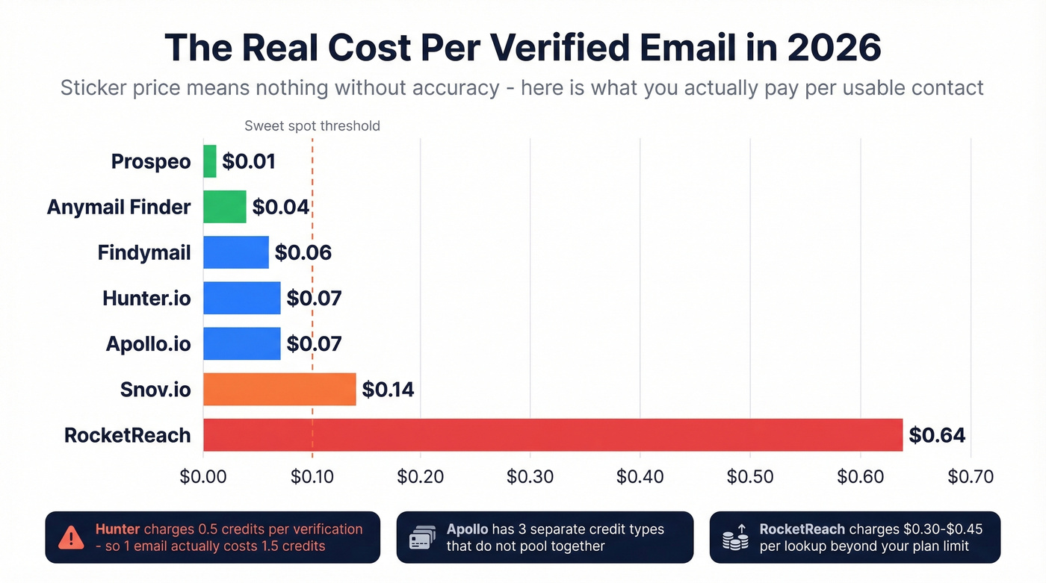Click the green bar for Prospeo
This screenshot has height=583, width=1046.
click(x=210, y=161)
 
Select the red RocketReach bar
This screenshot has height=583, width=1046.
click(x=553, y=435)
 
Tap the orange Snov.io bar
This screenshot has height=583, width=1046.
click(x=279, y=390)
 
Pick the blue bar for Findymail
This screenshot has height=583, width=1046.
click(x=236, y=252)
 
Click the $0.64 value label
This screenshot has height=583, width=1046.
click(x=937, y=435)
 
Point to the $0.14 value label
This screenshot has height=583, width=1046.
click(x=388, y=390)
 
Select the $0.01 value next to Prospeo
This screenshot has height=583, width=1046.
click(x=249, y=161)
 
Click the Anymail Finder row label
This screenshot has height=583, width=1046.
click(x=119, y=207)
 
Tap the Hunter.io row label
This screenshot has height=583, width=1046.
click(x=146, y=299)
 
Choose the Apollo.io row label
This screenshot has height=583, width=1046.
click(x=148, y=344)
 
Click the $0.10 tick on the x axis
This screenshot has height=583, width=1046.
click(x=312, y=477)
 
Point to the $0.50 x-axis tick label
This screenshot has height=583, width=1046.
click(x=750, y=477)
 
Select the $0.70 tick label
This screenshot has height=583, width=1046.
click(x=970, y=477)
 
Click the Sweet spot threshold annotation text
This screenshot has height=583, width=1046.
click(x=312, y=126)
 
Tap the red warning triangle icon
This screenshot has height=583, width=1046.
click(x=71, y=537)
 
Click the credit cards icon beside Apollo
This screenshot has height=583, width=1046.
click(x=423, y=537)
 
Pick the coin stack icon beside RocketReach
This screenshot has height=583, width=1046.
click(x=735, y=537)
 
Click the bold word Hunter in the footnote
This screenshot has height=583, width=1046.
click(x=117, y=529)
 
